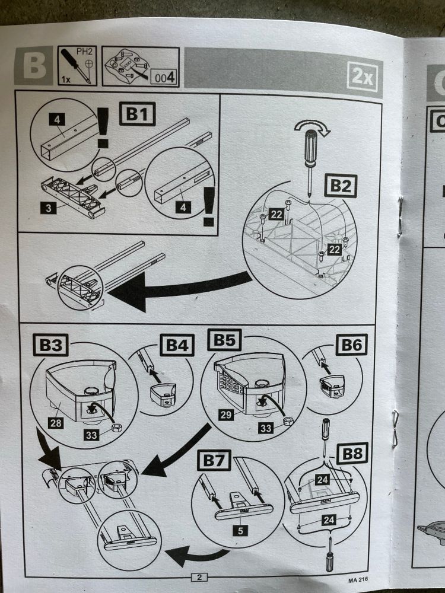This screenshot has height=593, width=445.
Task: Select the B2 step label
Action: click(x=340, y=187)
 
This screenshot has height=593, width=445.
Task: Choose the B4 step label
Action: click(x=177, y=345)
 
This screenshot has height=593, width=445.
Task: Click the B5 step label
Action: click(x=224, y=341)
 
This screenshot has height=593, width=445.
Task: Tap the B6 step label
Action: click(x=351, y=345)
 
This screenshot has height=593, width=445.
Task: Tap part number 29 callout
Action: click(x=225, y=415)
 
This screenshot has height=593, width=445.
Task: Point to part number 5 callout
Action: click(x=240, y=531)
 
